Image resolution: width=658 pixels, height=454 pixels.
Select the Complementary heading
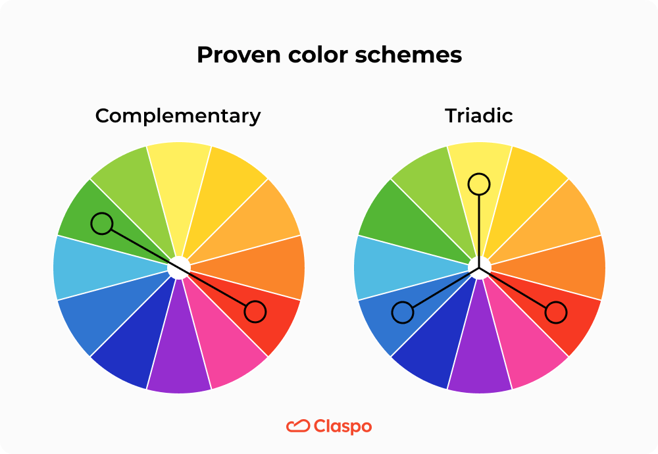tap(178, 116)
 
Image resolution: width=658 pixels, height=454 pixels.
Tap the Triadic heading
tap(479, 116)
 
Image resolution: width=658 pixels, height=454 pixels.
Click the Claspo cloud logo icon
tap(298, 426)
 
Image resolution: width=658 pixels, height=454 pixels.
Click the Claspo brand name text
tap(342, 426)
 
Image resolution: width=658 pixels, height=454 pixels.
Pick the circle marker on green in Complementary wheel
tap(102, 224)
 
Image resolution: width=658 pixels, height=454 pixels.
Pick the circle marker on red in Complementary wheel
tap(255, 312)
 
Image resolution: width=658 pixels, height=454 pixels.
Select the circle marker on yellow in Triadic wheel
tap(479, 184)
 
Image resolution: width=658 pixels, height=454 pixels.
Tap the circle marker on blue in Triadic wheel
tap(402, 313)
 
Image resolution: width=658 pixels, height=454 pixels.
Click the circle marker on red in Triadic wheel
tap(556, 313)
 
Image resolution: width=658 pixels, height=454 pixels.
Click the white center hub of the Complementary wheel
tap(178, 268)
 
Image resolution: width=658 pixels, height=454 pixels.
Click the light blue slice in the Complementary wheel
tap(92, 268)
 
